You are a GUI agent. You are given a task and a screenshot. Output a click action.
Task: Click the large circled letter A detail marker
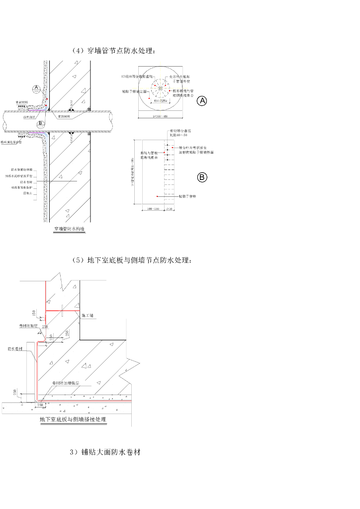pyautogui.click(x=201, y=101)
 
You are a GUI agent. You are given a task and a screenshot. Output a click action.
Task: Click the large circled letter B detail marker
pyautogui.click(x=201, y=177)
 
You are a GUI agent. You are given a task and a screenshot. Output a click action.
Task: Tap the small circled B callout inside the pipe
pyautogui.click(x=41, y=122)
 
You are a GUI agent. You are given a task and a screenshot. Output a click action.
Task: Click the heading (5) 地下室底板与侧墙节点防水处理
pyautogui.click(x=131, y=260)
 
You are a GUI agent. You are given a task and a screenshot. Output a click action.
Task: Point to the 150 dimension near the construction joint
pyautogui.click(x=34, y=312)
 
